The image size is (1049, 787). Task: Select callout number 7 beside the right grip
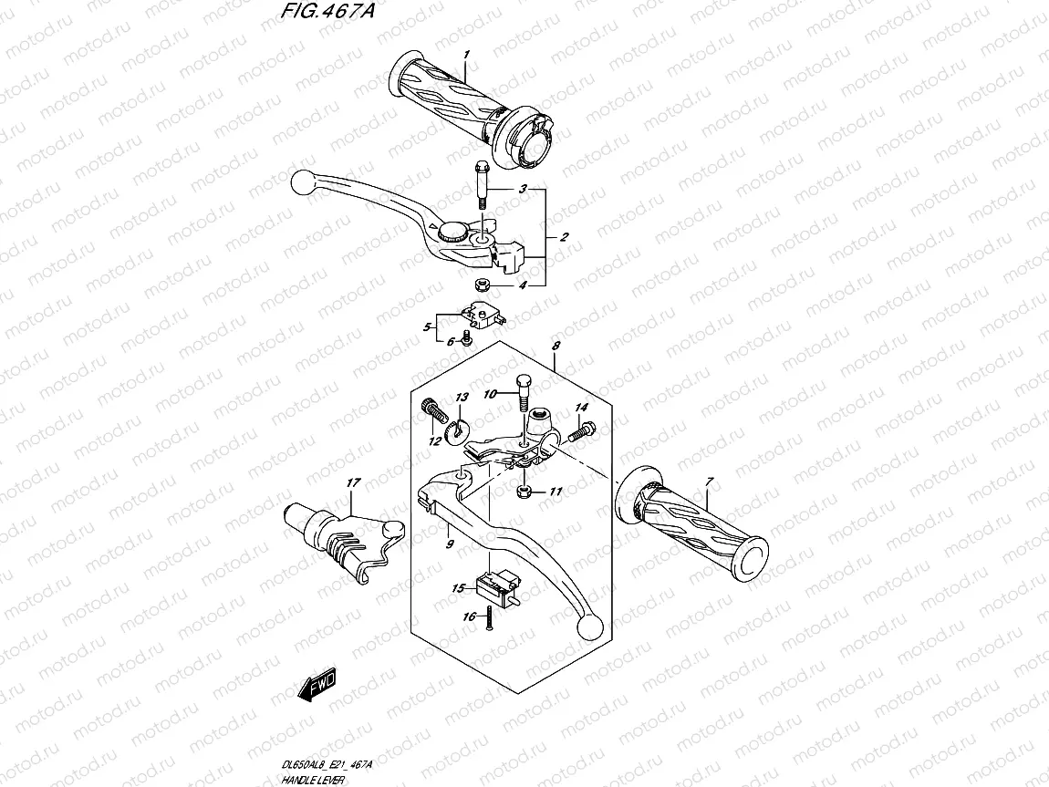[x=709, y=481]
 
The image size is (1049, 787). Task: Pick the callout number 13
[x=462, y=398]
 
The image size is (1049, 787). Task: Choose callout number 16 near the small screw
[x=470, y=617]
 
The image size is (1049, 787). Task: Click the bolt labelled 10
[x=524, y=393]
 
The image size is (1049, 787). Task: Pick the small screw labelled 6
[x=467, y=338]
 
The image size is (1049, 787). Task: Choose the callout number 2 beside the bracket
[x=564, y=237]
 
